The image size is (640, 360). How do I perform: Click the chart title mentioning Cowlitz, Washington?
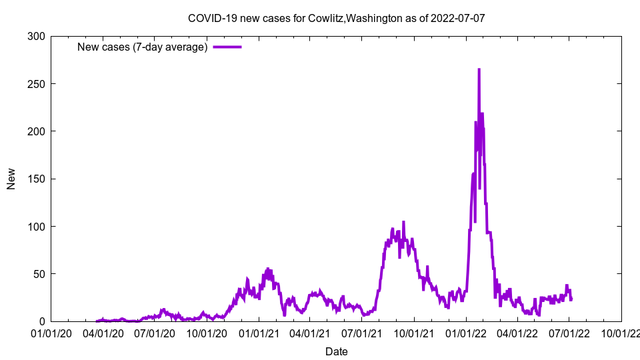coord(336,18)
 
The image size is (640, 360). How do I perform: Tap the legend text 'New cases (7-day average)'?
coord(143,47)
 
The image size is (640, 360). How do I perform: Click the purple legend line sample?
coord(227,47)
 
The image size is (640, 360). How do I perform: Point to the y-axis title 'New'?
coord(11,179)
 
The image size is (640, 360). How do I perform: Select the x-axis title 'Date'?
coord(336,351)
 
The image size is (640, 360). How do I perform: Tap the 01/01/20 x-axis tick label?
coord(51,332)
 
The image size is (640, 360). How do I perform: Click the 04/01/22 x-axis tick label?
coord(517,332)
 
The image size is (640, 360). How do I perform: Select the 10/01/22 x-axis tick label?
coord(621,332)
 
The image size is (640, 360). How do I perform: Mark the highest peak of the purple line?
coord(479,69)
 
